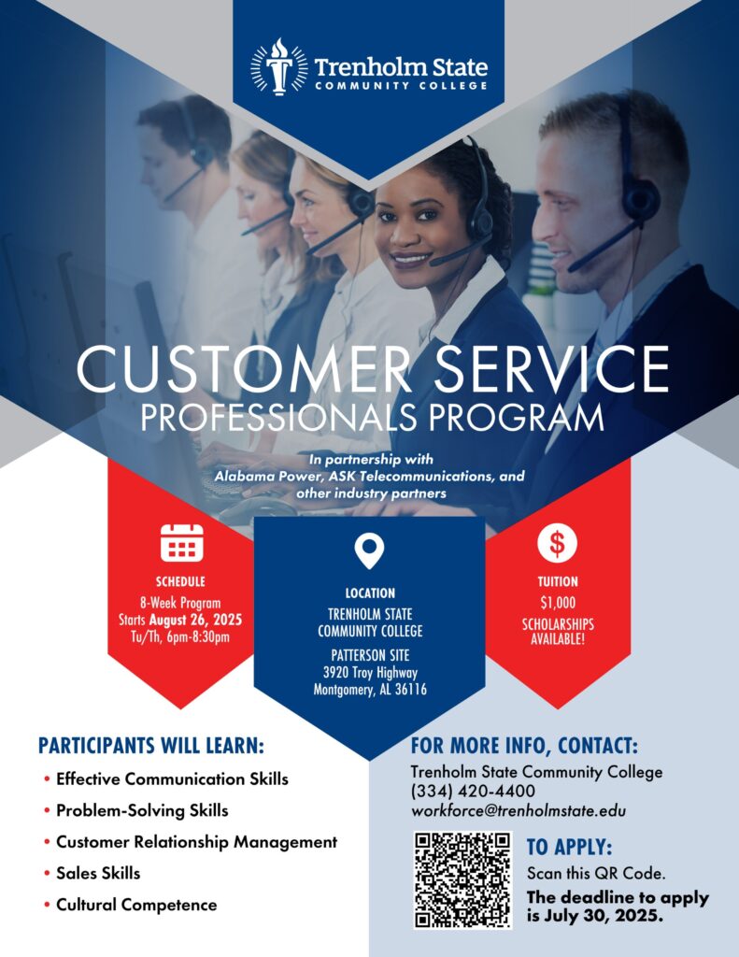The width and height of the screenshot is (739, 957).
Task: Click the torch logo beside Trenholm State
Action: pyautogui.click(x=279, y=67)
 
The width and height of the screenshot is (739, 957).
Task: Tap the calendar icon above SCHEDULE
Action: pyautogui.click(x=182, y=543)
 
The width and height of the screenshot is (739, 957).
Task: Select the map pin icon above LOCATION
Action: pyautogui.click(x=369, y=551)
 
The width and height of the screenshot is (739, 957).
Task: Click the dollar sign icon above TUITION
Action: pyautogui.click(x=557, y=543)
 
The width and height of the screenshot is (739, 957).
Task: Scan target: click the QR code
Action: pyautogui.click(x=462, y=879)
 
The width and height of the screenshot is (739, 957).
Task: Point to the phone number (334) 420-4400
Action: pyautogui.click(x=473, y=791)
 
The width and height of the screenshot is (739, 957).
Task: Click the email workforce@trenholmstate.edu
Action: pyautogui.click(x=519, y=810)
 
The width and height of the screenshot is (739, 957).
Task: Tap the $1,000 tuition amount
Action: pyautogui.click(x=558, y=603)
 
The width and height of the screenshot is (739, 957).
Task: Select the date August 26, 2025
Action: pyautogui.click(x=195, y=621)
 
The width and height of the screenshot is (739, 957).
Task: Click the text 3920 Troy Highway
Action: pyautogui.click(x=370, y=673)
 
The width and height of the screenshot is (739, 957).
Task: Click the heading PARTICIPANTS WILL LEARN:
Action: pyautogui.click(x=151, y=746)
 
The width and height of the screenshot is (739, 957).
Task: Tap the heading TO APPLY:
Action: pyautogui.click(x=569, y=847)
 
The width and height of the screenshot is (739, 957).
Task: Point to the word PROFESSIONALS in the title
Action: pyautogui.click(x=279, y=418)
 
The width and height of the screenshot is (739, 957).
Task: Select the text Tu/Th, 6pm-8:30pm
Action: pyautogui.click(x=180, y=637)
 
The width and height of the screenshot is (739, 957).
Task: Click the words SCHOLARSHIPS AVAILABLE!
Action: pyautogui.click(x=558, y=632)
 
